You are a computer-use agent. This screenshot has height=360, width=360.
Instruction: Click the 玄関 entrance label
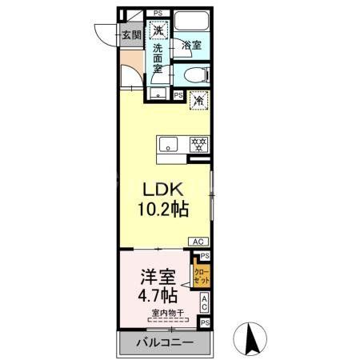[x=132, y=34]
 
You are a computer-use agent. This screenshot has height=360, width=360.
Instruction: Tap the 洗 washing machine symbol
[x=159, y=30]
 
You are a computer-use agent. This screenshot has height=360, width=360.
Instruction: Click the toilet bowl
[x=194, y=76]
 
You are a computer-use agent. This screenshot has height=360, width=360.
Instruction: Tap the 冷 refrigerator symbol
[x=198, y=100]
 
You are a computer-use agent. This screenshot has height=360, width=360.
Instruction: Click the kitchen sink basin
[x=169, y=144]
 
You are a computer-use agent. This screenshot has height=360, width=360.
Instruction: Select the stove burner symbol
[x=198, y=144]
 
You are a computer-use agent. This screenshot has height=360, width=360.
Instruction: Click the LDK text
[x=165, y=191]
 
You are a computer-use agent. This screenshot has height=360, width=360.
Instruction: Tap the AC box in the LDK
[x=198, y=241]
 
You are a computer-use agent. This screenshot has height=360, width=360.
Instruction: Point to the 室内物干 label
[x=164, y=313]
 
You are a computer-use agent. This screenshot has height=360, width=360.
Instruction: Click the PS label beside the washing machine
[x=158, y=13]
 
